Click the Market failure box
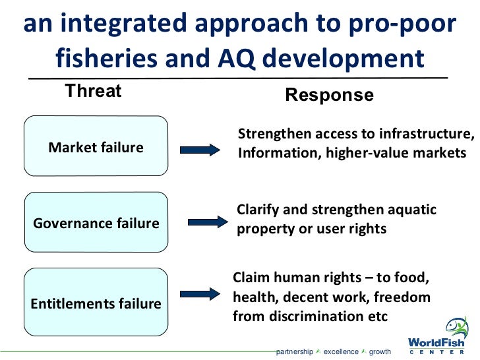[96, 146]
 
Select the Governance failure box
[96, 223]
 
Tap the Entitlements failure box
[96, 303]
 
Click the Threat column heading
[93, 91]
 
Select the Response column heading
[329, 95]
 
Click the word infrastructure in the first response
[426, 135]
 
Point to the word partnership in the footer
[295, 351]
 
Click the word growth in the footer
[380, 351]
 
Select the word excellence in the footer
[341, 351]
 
